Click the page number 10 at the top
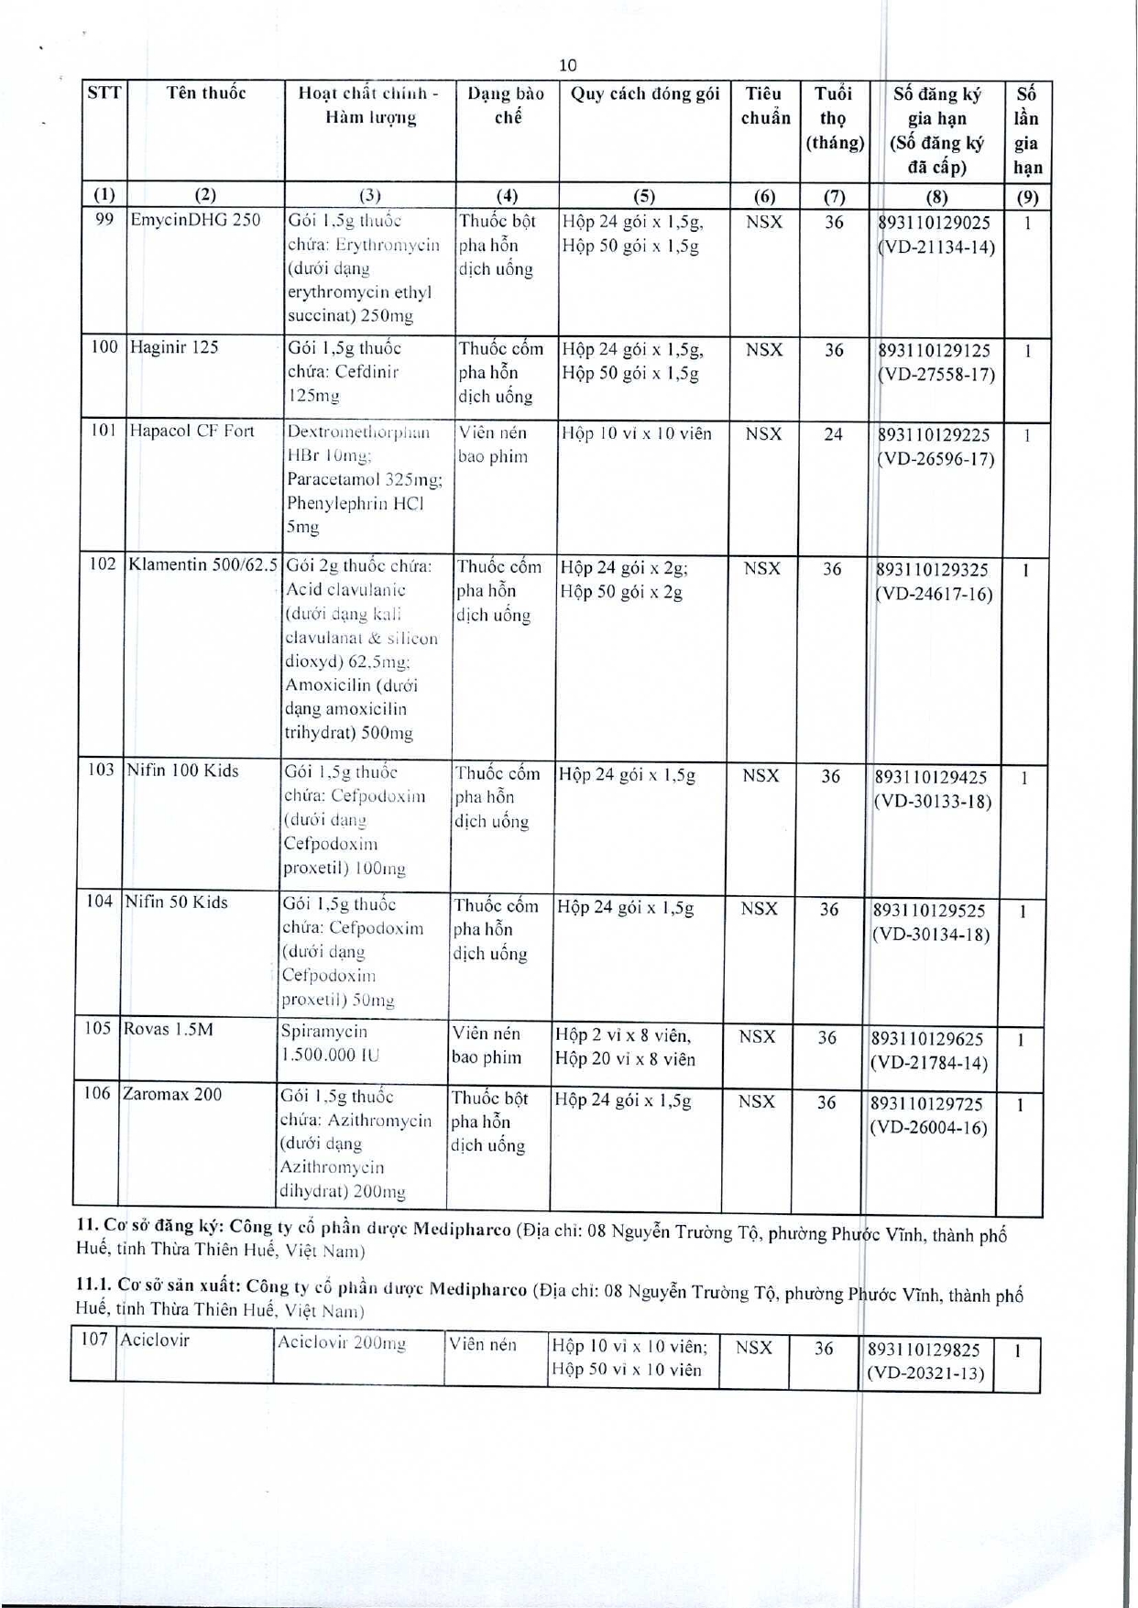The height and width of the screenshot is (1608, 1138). tap(567, 65)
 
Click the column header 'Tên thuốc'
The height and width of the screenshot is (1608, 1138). tap(206, 93)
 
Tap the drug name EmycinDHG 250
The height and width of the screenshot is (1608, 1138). tap(195, 220)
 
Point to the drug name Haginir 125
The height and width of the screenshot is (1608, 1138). tap(174, 347)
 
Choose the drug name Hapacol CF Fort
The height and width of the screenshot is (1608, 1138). tap(191, 432)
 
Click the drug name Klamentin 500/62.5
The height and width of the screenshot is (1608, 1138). tap(202, 564)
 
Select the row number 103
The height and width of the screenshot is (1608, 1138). tap(101, 770)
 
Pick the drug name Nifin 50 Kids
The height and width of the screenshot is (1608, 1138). tap(177, 902)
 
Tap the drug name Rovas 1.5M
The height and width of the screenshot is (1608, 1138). tap(168, 1029)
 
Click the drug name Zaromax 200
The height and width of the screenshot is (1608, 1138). tap(171, 1094)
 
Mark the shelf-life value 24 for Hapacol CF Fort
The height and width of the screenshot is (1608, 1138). tap(833, 434)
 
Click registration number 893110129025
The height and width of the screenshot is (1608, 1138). tap(935, 223)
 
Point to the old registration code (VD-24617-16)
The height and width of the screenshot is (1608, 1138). tap(934, 594)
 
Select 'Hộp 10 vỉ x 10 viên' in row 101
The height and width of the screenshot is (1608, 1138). tap(637, 433)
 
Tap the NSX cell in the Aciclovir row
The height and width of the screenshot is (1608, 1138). tap(754, 1348)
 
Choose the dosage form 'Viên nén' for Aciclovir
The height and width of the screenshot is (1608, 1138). tap(482, 1345)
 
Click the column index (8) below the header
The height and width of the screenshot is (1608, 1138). tap(936, 196)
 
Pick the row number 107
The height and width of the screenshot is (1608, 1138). tap(94, 1340)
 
